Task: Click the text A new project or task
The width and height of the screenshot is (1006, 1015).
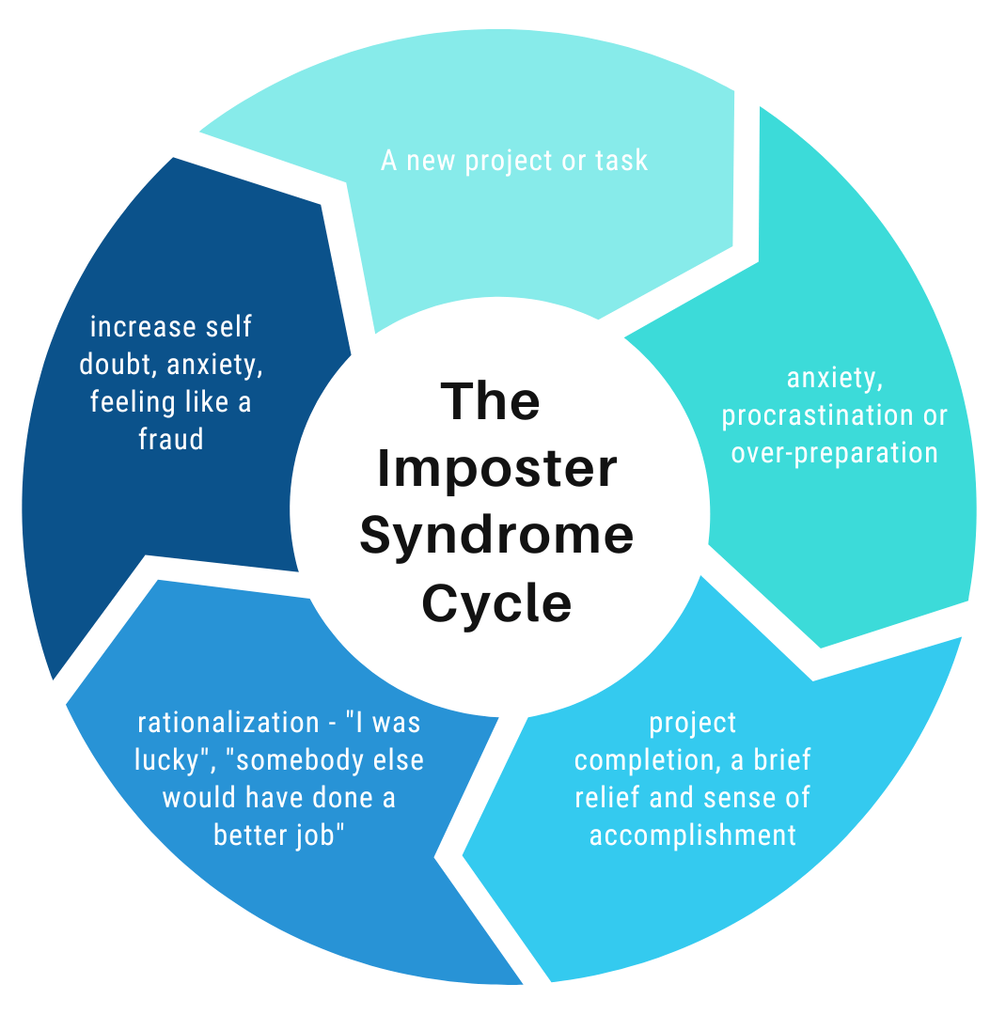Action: [514, 161]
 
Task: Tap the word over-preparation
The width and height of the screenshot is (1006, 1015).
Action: [835, 453]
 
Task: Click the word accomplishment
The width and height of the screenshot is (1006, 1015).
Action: [693, 835]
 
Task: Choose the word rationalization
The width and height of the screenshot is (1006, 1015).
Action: [228, 723]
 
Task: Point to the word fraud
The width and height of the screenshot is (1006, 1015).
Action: [171, 439]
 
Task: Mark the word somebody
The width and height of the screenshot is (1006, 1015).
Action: [309, 759]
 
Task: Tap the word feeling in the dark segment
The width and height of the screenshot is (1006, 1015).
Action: [133, 402]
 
